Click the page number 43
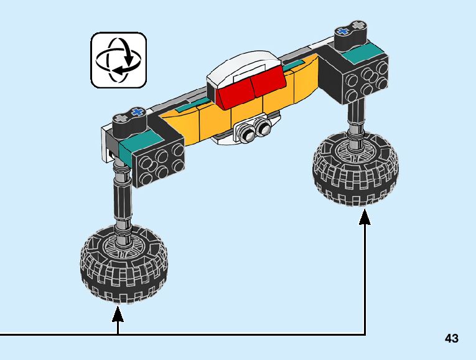pyautogui.click(x=452, y=338)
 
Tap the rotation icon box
pyautogui.click(x=118, y=60)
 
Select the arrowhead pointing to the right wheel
pyautogui.click(x=365, y=217)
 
